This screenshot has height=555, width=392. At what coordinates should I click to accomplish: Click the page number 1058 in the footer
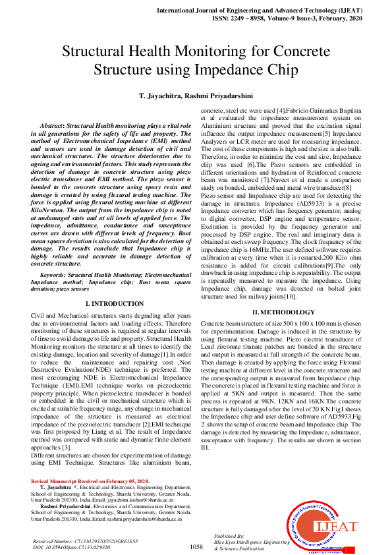[x=196, y=547]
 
